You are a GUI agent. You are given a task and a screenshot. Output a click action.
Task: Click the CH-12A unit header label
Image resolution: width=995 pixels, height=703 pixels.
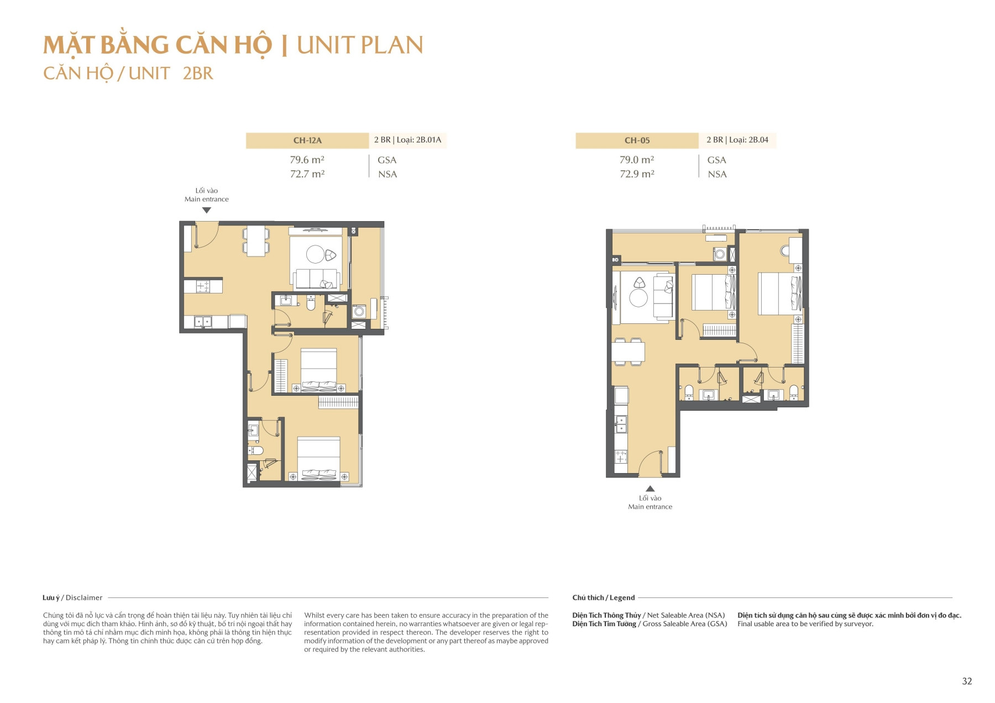[307, 140]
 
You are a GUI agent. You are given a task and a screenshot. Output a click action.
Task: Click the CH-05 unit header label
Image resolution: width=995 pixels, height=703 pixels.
[637, 140]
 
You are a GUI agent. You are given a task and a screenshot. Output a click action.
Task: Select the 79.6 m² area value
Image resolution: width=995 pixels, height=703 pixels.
[307, 160]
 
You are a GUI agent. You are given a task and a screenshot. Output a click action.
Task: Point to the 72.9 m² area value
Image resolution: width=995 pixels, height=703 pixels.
[637, 174]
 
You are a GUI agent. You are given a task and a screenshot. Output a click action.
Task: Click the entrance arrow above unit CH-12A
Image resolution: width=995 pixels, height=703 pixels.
[207, 210]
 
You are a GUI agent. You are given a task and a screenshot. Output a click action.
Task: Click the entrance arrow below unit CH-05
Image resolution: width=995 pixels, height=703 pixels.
[650, 489]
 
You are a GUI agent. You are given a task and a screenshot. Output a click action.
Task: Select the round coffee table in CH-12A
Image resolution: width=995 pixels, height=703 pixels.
[315, 254]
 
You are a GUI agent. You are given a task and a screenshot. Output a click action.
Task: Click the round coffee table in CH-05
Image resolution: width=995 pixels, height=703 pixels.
[638, 298]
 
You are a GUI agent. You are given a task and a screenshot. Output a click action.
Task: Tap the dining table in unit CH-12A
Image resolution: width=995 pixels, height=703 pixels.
[256, 241]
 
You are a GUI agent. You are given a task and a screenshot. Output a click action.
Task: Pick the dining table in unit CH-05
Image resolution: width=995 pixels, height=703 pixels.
[628, 352]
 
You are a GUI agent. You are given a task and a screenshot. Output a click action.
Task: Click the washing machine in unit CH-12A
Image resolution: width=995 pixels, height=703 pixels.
[359, 312]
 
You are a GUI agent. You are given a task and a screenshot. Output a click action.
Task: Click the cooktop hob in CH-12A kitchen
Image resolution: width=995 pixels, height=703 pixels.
[203, 286]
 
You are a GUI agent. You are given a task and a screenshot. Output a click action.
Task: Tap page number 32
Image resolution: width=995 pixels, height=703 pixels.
[967, 681]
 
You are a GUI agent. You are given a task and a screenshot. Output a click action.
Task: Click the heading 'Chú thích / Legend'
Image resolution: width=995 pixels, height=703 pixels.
[603, 597]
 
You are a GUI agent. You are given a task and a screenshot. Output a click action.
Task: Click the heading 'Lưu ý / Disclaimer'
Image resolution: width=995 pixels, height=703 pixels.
[72, 597]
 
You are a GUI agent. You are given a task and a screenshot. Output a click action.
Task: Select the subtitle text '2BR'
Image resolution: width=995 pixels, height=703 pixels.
[198, 74]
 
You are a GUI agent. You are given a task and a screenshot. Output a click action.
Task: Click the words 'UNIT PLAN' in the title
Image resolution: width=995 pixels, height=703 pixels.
[360, 45]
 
